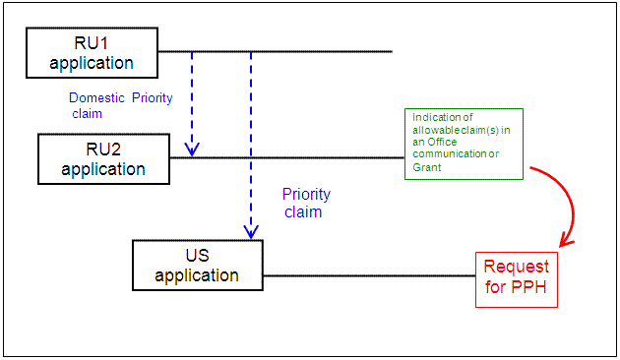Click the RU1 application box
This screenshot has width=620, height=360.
coord(92,53)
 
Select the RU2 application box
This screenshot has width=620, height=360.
coord(103,158)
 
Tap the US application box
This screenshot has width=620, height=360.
coord(198,265)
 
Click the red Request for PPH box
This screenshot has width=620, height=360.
coord(517,279)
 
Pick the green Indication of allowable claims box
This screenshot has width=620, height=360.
coord(464,143)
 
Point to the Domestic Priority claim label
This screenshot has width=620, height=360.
coord(113,105)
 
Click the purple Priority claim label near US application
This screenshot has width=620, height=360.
coord(306,203)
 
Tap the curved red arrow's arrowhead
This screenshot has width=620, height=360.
coord(564,242)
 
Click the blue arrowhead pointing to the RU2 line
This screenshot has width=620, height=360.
coord(192,150)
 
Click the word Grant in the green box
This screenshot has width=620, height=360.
coord(427,167)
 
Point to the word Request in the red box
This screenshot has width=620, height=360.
coord(517,268)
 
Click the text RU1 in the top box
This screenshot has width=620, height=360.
coord(92,43)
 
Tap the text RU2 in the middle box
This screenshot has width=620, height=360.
coord(103,149)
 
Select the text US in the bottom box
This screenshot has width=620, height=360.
coord(198,255)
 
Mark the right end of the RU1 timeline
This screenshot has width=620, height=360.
coord(391,51)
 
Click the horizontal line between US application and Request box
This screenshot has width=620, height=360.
coord(369,275)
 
